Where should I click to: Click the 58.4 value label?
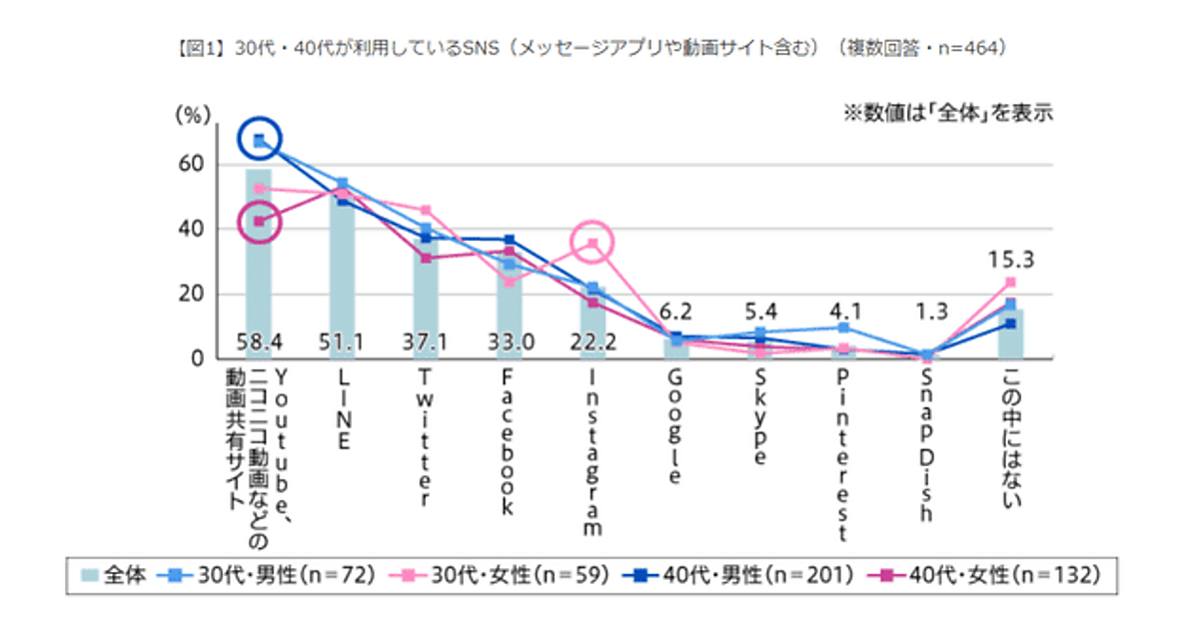point(259,343)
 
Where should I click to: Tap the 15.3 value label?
point(1010,261)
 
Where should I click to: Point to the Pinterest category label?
point(844,455)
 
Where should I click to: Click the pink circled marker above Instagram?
point(593,243)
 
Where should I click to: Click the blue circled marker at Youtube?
point(259,141)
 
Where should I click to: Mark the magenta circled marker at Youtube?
point(259,222)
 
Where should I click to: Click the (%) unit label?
point(193,115)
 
